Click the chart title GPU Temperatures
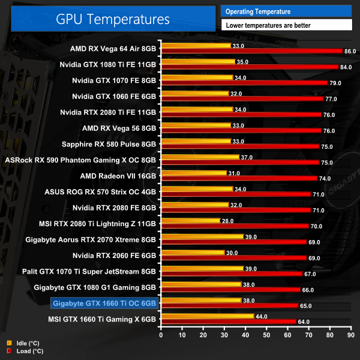coord(113,19)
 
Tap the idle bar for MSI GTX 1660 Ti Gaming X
coord(207,316)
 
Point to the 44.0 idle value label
coord(261,316)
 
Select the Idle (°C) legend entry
coord(25,343)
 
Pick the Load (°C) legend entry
coord(26,351)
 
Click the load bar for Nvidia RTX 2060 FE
coord(233,257)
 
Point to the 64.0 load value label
coord(304,322)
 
